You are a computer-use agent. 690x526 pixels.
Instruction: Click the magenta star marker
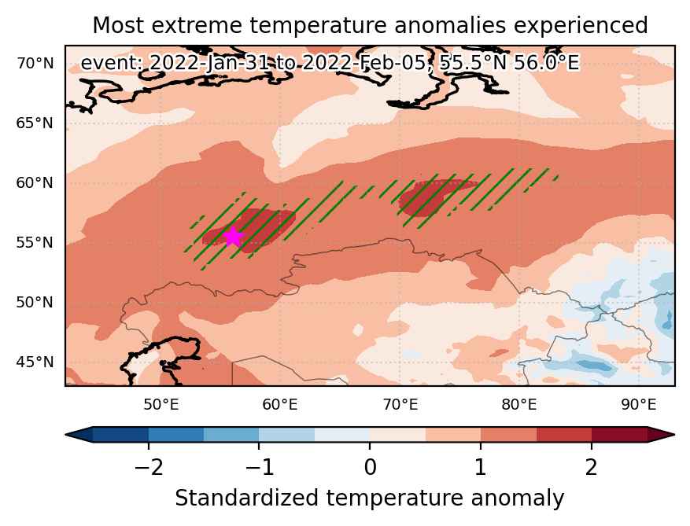pos(233,237)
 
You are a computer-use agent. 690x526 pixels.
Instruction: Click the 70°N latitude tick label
pos(35,64)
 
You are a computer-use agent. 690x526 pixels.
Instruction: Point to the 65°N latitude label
pos(35,123)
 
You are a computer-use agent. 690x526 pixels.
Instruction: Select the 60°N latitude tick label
pos(35,183)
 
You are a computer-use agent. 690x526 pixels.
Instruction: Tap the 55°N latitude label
pos(35,243)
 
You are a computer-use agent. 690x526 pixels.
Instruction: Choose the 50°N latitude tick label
pos(35,303)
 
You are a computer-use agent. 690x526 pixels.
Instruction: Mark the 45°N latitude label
pos(35,362)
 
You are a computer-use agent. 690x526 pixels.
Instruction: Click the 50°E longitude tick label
pos(161,405)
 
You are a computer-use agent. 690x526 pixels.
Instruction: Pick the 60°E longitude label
pos(280,405)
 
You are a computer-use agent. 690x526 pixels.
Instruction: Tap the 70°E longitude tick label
pos(400,405)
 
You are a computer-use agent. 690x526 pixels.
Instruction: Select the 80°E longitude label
pos(519,405)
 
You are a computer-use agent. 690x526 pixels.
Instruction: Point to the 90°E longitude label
pos(639,405)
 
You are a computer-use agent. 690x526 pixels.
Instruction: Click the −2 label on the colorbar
pos(149,467)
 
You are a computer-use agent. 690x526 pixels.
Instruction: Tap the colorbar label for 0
pos(370,467)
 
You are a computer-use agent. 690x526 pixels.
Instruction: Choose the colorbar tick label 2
pos(592,467)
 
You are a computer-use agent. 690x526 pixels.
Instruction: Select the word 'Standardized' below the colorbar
pos(246,498)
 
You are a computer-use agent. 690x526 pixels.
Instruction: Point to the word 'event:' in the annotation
pos(113,63)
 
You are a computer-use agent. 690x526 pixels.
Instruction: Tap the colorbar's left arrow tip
pos(65,435)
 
